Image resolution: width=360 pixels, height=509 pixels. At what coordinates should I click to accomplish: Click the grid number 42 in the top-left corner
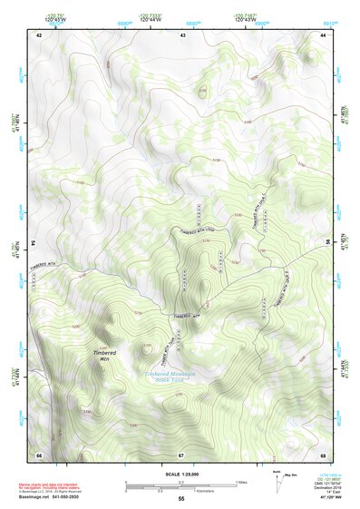tap(39, 34)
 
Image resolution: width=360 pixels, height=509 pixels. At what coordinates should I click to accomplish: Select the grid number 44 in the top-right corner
tap(324, 34)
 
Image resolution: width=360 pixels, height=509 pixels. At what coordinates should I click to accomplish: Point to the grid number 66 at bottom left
tap(39, 454)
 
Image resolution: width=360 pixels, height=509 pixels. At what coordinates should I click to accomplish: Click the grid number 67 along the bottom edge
tap(181, 454)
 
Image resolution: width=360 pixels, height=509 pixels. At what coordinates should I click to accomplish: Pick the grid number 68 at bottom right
tap(324, 454)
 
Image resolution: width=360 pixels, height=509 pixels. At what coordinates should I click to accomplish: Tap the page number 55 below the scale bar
tap(181, 499)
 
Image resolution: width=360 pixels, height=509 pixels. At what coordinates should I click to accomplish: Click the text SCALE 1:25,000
tap(180, 474)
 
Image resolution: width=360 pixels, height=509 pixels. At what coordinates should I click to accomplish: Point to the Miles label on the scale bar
tap(239, 482)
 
